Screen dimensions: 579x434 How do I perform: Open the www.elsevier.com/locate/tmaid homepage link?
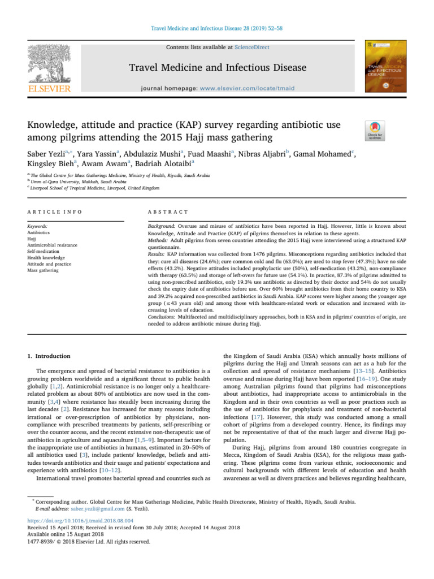(x=255, y=89)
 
